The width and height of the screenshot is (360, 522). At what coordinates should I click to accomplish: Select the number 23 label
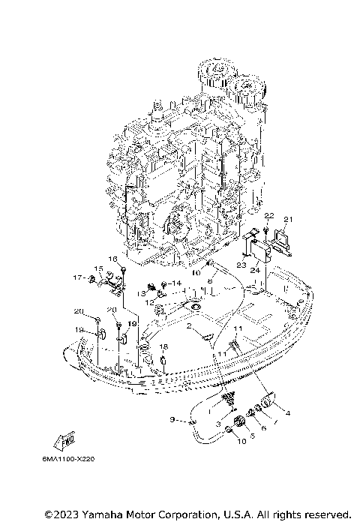pyautogui.click(x=241, y=265)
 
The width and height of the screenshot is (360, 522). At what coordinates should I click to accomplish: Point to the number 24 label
pyautogui.click(x=256, y=269)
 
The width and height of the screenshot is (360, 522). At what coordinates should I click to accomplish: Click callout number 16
pyautogui.click(x=114, y=259)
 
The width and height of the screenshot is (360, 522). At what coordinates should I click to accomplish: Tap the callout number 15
pyautogui.click(x=98, y=268)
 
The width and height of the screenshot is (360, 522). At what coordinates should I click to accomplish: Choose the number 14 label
pyautogui.click(x=176, y=283)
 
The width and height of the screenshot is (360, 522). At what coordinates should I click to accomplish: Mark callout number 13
pyautogui.click(x=140, y=293)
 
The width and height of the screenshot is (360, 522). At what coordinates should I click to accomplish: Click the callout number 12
pyautogui.click(x=149, y=303)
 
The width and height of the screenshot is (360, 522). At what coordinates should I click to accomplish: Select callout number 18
pyautogui.click(x=163, y=346)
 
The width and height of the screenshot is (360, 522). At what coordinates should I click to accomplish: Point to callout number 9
pyautogui.click(x=172, y=419)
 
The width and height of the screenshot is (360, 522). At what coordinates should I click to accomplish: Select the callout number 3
pyautogui.click(x=218, y=424)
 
